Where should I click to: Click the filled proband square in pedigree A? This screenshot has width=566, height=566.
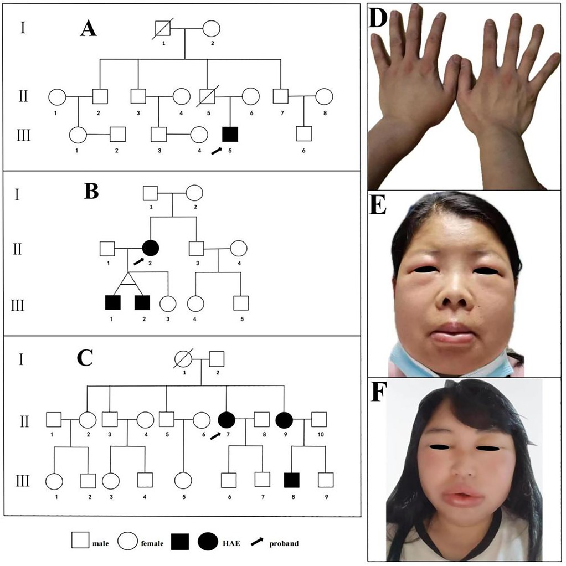pos(230,134)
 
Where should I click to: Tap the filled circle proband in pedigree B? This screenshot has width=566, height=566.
pos(151,248)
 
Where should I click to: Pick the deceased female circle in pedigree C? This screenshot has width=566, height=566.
pos(182,360)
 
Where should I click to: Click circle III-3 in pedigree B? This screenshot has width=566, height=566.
pos(168,303)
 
